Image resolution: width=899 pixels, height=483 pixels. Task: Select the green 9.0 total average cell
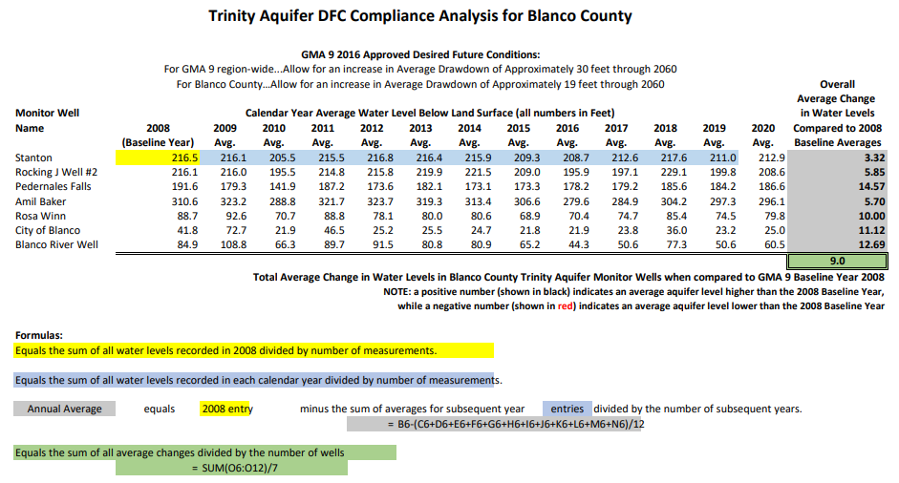pyautogui.click(x=837, y=261)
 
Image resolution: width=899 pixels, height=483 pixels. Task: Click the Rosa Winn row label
pyautogui.click(x=41, y=216)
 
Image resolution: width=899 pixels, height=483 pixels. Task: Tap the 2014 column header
pyautogui.click(x=469, y=128)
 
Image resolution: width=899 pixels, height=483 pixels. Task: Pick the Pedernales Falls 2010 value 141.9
pyautogui.click(x=273, y=186)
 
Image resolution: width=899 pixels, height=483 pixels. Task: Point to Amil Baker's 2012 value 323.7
pyautogui.click(x=372, y=201)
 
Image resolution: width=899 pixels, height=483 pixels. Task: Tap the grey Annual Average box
pyautogui.click(x=64, y=409)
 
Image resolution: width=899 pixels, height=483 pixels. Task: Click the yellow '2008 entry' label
pyautogui.click(x=227, y=409)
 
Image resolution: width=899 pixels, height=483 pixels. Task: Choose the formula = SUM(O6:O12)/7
pyautogui.click(x=231, y=469)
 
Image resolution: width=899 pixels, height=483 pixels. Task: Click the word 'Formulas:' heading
pyautogui.click(x=39, y=335)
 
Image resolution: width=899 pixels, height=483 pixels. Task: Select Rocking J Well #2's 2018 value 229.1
pyautogui.click(x=665, y=172)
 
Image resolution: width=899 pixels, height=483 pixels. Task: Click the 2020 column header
pyautogui.click(x=763, y=128)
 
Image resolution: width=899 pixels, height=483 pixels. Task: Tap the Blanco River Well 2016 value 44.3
pyautogui.click(x=567, y=245)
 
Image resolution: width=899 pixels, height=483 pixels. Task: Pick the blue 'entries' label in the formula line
pyautogui.click(x=567, y=409)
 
